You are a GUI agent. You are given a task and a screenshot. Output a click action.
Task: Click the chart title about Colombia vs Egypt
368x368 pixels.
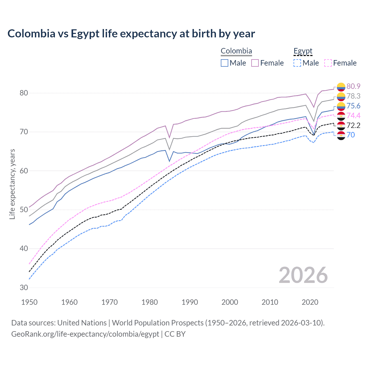click(131, 34)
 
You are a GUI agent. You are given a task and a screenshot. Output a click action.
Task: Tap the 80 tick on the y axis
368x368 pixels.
click(24, 93)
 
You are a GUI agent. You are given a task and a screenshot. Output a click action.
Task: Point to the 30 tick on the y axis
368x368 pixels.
click(24, 287)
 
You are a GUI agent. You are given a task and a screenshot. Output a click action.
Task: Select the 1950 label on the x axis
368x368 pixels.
click(29, 302)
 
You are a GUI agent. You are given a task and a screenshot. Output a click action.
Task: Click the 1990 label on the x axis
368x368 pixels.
click(190, 302)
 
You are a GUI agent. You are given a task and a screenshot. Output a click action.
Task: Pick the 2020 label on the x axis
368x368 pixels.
click(310, 302)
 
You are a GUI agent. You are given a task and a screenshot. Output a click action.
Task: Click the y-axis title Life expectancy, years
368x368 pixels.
click(12, 184)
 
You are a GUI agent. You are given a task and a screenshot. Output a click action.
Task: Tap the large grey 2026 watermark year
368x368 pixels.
click(303, 275)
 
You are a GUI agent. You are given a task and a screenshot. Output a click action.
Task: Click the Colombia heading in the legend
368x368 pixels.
click(236, 51)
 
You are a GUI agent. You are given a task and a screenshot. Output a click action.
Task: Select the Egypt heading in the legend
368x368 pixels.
click(303, 51)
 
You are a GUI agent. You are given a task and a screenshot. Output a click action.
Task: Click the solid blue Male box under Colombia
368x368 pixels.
click(225, 63)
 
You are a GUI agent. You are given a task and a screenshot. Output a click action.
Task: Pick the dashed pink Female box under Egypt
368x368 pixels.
click(328, 63)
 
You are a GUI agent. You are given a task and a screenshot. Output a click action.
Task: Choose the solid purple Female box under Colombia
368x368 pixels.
click(255, 63)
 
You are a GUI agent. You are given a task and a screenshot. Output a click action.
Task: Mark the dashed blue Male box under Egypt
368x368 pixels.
click(297, 63)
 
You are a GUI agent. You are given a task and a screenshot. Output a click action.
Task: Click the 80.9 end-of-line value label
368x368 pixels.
click(353, 86)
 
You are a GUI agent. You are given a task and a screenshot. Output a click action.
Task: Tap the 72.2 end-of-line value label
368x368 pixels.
click(353, 125)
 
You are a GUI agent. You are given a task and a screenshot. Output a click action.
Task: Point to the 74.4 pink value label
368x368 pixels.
click(353, 116)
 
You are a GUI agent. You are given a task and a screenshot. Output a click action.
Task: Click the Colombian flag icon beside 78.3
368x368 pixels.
click(341, 96)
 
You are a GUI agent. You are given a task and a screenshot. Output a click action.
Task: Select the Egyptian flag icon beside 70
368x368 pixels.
click(341, 135)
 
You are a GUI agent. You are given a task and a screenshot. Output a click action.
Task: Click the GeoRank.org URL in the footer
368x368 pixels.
click(85, 334)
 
